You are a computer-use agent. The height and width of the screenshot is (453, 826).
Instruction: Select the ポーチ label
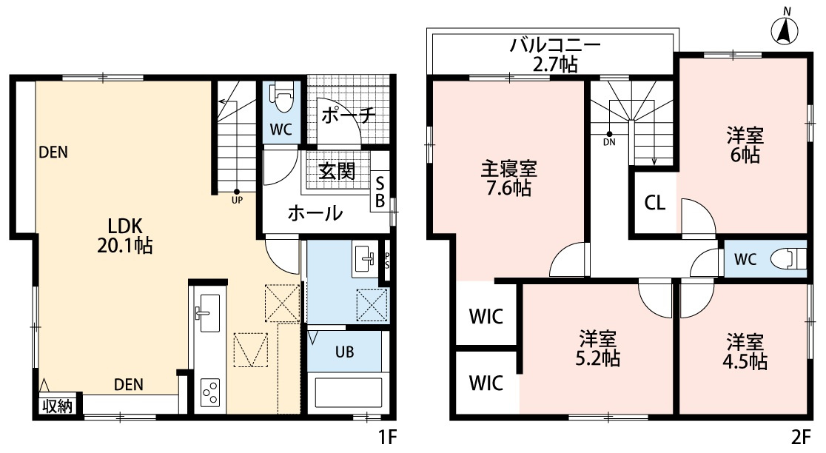tap(349, 115)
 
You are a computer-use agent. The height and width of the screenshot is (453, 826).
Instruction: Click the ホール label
tap(315, 214)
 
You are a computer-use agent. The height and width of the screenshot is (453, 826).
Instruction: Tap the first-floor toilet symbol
tap(282, 96)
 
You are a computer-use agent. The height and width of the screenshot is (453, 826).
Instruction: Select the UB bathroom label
tap(344, 352)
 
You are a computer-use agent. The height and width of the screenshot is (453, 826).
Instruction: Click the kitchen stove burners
tap(210, 389)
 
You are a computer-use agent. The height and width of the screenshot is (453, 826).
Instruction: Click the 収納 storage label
tap(56, 406)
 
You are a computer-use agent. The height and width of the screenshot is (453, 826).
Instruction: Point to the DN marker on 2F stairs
tap(609, 138)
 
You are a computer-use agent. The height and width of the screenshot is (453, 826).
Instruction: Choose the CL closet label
tap(654, 202)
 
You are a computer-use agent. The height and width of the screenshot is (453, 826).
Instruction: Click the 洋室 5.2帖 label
tap(597, 349)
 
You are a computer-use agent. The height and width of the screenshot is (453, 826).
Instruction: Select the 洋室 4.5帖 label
tap(745, 352)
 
